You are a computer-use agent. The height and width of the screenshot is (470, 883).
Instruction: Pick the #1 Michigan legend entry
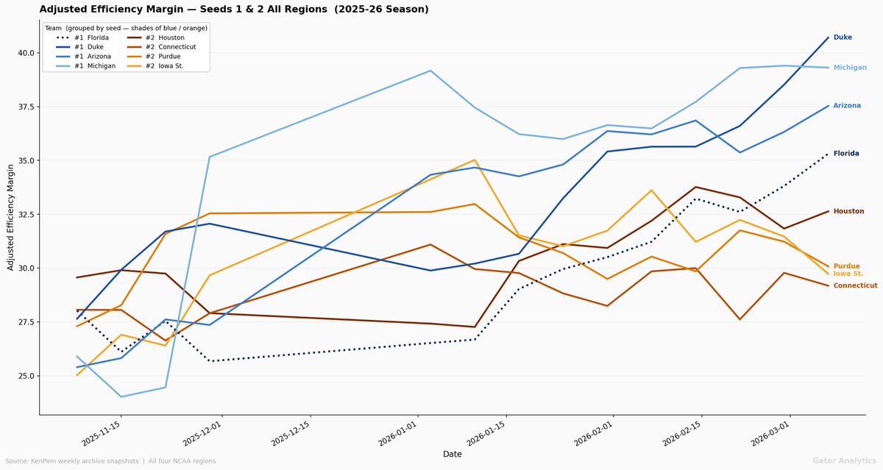tap(90, 65)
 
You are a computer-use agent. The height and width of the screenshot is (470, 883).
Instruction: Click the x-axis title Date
tap(452, 455)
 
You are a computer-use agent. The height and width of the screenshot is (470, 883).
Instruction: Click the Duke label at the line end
tap(843, 37)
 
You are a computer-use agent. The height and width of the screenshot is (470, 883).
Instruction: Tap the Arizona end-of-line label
tap(847, 106)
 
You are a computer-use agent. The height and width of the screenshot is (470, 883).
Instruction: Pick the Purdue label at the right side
tap(846, 266)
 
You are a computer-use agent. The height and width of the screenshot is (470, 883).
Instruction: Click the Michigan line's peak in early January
tap(430, 71)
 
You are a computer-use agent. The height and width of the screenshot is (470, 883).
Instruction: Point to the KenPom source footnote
tap(110, 461)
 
